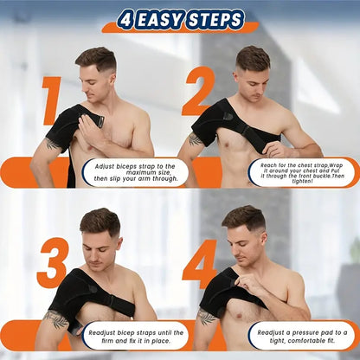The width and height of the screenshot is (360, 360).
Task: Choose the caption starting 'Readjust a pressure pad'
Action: point(303,333)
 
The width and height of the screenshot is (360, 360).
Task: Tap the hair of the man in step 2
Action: point(253,57)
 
